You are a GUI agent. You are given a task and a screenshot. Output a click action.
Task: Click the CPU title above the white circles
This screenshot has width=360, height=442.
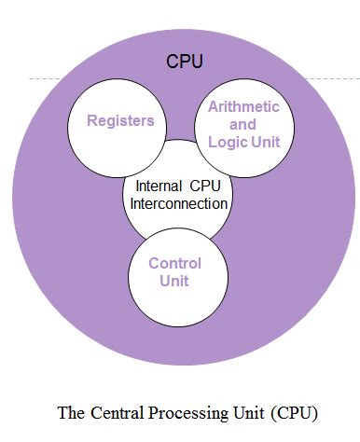tap(185, 62)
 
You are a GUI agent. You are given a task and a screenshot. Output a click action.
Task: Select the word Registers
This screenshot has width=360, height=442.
tap(120, 121)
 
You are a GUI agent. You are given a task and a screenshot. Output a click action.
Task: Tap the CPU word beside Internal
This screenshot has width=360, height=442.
tap(210, 185)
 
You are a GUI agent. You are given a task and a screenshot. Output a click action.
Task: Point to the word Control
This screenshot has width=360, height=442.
tap(174, 263)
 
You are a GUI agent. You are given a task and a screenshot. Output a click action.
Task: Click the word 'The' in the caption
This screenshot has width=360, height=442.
tap(70, 411)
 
